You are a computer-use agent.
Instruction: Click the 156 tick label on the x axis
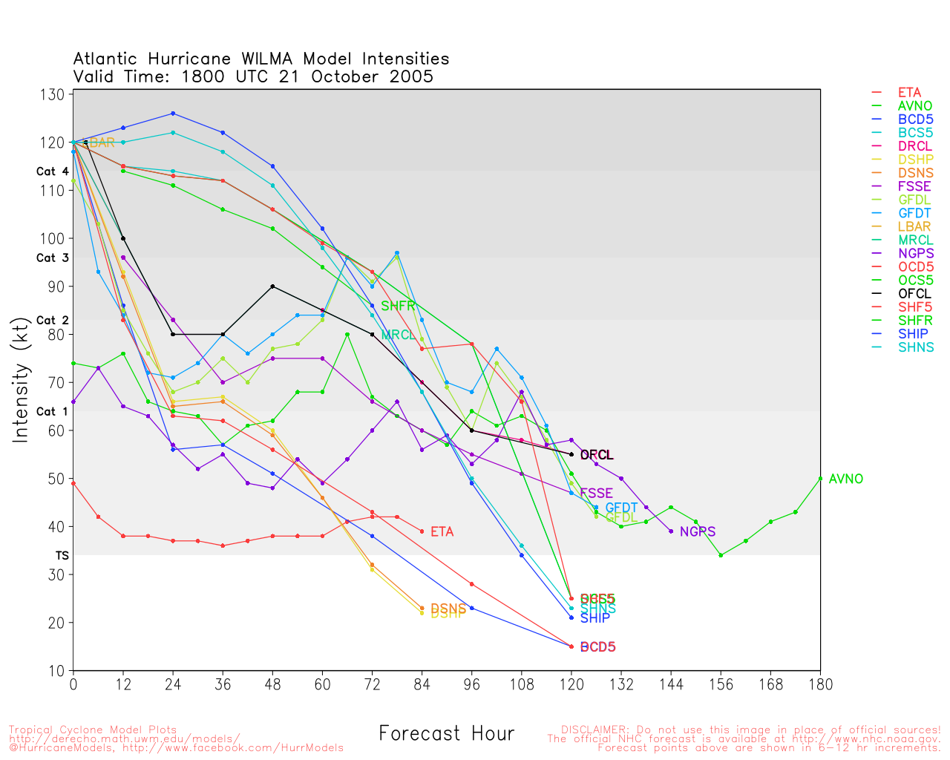tap(721, 684)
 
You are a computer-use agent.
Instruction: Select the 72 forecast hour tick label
tap(372, 684)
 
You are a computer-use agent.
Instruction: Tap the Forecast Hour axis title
tap(446, 733)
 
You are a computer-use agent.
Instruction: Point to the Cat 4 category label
tap(52, 171)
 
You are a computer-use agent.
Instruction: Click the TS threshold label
tap(62, 555)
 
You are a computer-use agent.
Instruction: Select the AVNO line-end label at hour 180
tap(845, 479)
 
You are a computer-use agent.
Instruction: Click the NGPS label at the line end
tap(697, 531)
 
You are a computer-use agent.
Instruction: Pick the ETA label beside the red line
tap(442, 531)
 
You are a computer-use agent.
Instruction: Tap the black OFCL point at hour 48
tap(272, 286)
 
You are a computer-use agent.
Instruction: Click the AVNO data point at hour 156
tap(721, 555)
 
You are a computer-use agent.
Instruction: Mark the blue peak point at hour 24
tap(173, 114)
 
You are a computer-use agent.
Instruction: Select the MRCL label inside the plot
tap(398, 335)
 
